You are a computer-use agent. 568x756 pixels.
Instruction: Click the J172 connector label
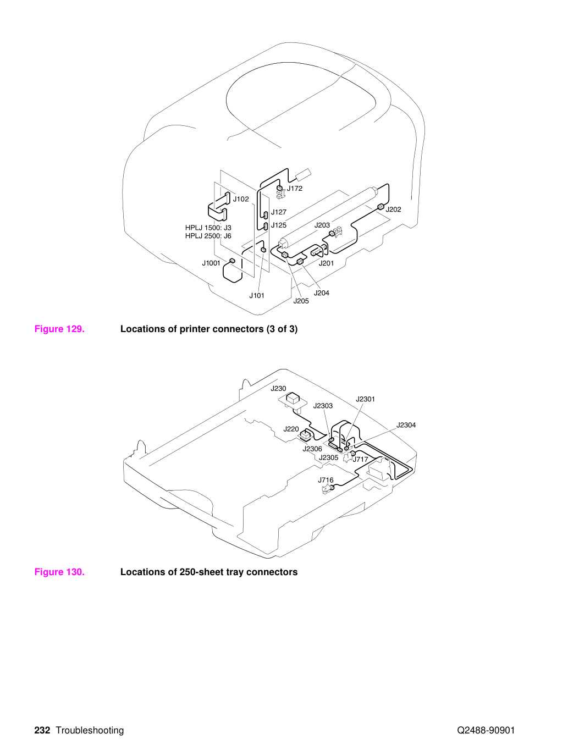(x=295, y=189)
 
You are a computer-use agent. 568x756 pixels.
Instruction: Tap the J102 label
(x=241, y=199)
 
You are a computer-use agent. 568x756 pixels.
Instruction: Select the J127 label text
(x=279, y=212)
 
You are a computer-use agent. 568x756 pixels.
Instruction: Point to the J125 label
(x=279, y=225)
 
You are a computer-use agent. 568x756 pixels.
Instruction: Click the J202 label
(x=393, y=209)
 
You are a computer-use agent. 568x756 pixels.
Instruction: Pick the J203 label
(x=322, y=225)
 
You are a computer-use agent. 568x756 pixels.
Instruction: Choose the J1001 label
(x=211, y=263)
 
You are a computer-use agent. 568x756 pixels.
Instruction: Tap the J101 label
(x=257, y=295)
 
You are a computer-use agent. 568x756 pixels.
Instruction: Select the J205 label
(x=301, y=301)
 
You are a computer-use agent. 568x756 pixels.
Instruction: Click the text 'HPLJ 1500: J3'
(x=208, y=228)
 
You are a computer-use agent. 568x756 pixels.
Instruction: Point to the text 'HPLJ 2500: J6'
(x=208, y=236)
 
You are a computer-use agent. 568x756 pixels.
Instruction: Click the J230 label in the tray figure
(x=278, y=389)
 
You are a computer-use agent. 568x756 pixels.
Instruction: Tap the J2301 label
(x=365, y=399)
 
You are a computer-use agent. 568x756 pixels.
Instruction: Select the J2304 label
(x=406, y=425)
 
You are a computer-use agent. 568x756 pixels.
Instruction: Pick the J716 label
(x=326, y=480)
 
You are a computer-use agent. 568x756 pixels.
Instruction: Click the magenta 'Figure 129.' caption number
(x=59, y=329)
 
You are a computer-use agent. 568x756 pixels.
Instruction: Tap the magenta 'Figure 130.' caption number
(x=59, y=572)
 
